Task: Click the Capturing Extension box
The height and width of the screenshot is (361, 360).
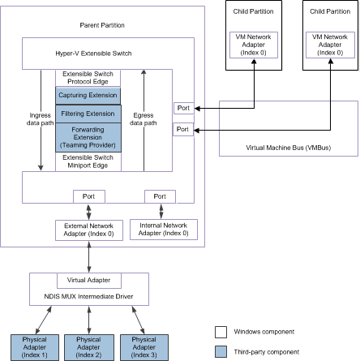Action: click(x=87, y=95)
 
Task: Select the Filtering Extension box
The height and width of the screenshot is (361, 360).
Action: click(x=87, y=113)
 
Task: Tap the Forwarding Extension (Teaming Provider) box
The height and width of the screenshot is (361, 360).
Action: click(x=87, y=135)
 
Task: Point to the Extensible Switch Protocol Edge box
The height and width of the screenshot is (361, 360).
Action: click(x=87, y=78)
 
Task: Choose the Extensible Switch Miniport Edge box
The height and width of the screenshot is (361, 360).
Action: click(x=87, y=160)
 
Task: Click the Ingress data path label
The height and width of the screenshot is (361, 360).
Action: click(x=39, y=118)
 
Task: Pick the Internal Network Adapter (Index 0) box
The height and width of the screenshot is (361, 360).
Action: click(x=159, y=230)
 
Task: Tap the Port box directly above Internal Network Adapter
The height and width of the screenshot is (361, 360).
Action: click(x=159, y=196)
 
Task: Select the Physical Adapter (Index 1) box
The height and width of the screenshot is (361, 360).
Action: click(x=33, y=346)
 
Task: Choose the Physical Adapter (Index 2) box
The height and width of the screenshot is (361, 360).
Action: click(x=88, y=346)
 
